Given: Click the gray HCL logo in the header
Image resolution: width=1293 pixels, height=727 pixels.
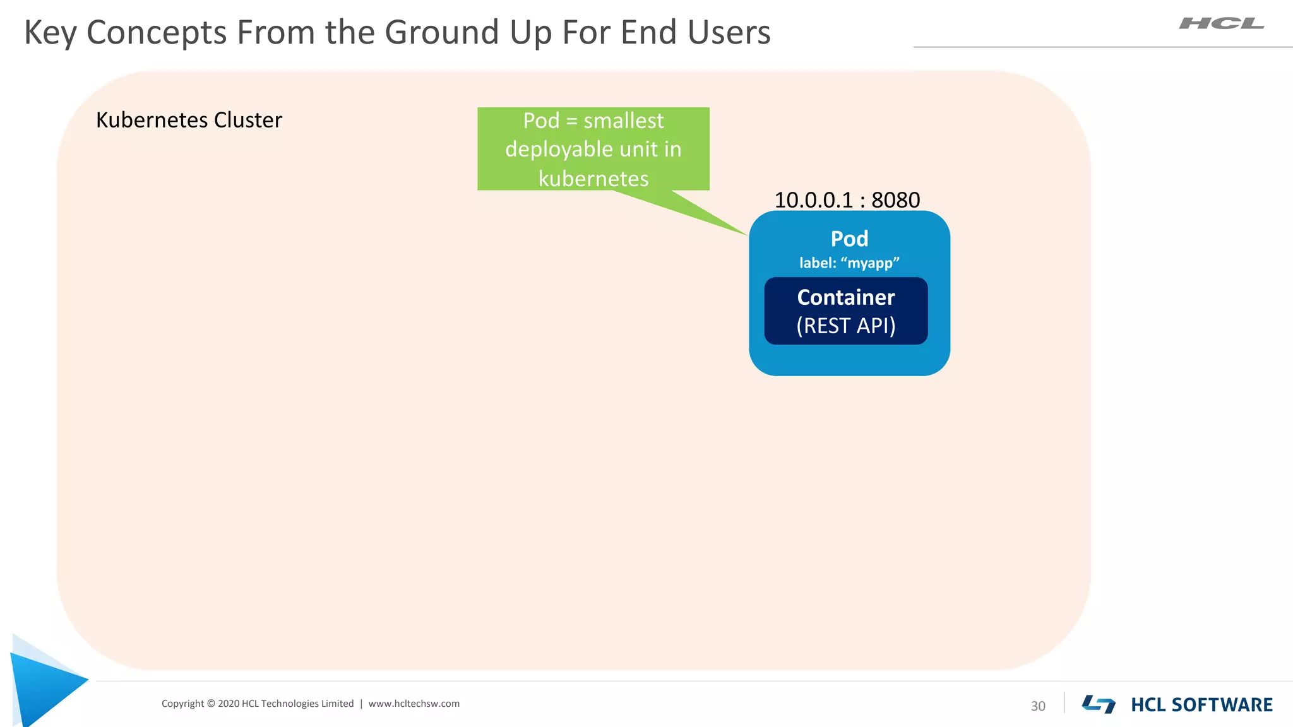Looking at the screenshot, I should (1221, 24).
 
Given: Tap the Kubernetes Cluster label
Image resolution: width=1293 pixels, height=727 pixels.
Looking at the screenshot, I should (189, 120).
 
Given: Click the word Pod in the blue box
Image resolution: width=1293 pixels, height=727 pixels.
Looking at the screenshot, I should (849, 239).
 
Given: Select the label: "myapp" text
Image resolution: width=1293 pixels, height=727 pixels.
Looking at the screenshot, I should (849, 263).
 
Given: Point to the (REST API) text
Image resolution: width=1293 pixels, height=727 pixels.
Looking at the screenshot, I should (846, 326).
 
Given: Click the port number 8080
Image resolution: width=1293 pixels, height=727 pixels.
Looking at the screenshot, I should (895, 200).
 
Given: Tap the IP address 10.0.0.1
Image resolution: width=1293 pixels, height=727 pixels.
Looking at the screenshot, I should (813, 200).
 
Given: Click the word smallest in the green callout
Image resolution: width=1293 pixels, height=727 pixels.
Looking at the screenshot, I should (623, 121).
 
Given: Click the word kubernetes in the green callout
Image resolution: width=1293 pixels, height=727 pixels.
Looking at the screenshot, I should (593, 179).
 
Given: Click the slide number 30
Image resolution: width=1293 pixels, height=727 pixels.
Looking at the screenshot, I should (1038, 706).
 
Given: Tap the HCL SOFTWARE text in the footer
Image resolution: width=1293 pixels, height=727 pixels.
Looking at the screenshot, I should (1201, 705).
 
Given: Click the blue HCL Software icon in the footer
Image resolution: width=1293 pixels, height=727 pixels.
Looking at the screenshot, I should (1099, 704).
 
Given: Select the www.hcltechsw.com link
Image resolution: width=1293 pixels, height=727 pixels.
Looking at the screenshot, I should (414, 704).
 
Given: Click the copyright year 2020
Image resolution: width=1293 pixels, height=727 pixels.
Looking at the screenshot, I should (228, 704).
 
